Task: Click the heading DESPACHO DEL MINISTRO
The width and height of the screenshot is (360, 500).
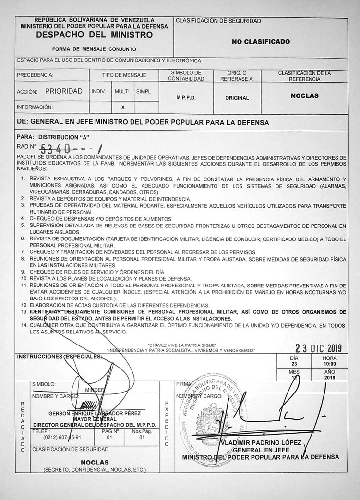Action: click(x=94, y=36)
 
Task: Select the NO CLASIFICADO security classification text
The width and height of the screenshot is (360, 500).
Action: click(x=261, y=42)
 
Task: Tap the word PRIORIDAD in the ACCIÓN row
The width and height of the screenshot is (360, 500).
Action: click(x=64, y=91)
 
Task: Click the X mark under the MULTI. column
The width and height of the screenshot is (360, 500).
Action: click(x=123, y=107)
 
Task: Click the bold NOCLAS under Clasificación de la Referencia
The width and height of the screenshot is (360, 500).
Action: click(x=304, y=95)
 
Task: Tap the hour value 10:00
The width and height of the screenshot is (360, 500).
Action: click(x=329, y=364)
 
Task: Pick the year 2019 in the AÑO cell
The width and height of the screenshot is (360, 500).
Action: click(x=329, y=377)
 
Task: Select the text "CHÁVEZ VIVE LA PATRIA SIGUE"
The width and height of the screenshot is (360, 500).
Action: click(x=182, y=345)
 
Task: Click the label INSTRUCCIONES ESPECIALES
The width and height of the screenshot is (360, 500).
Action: click(x=60, y=357)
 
